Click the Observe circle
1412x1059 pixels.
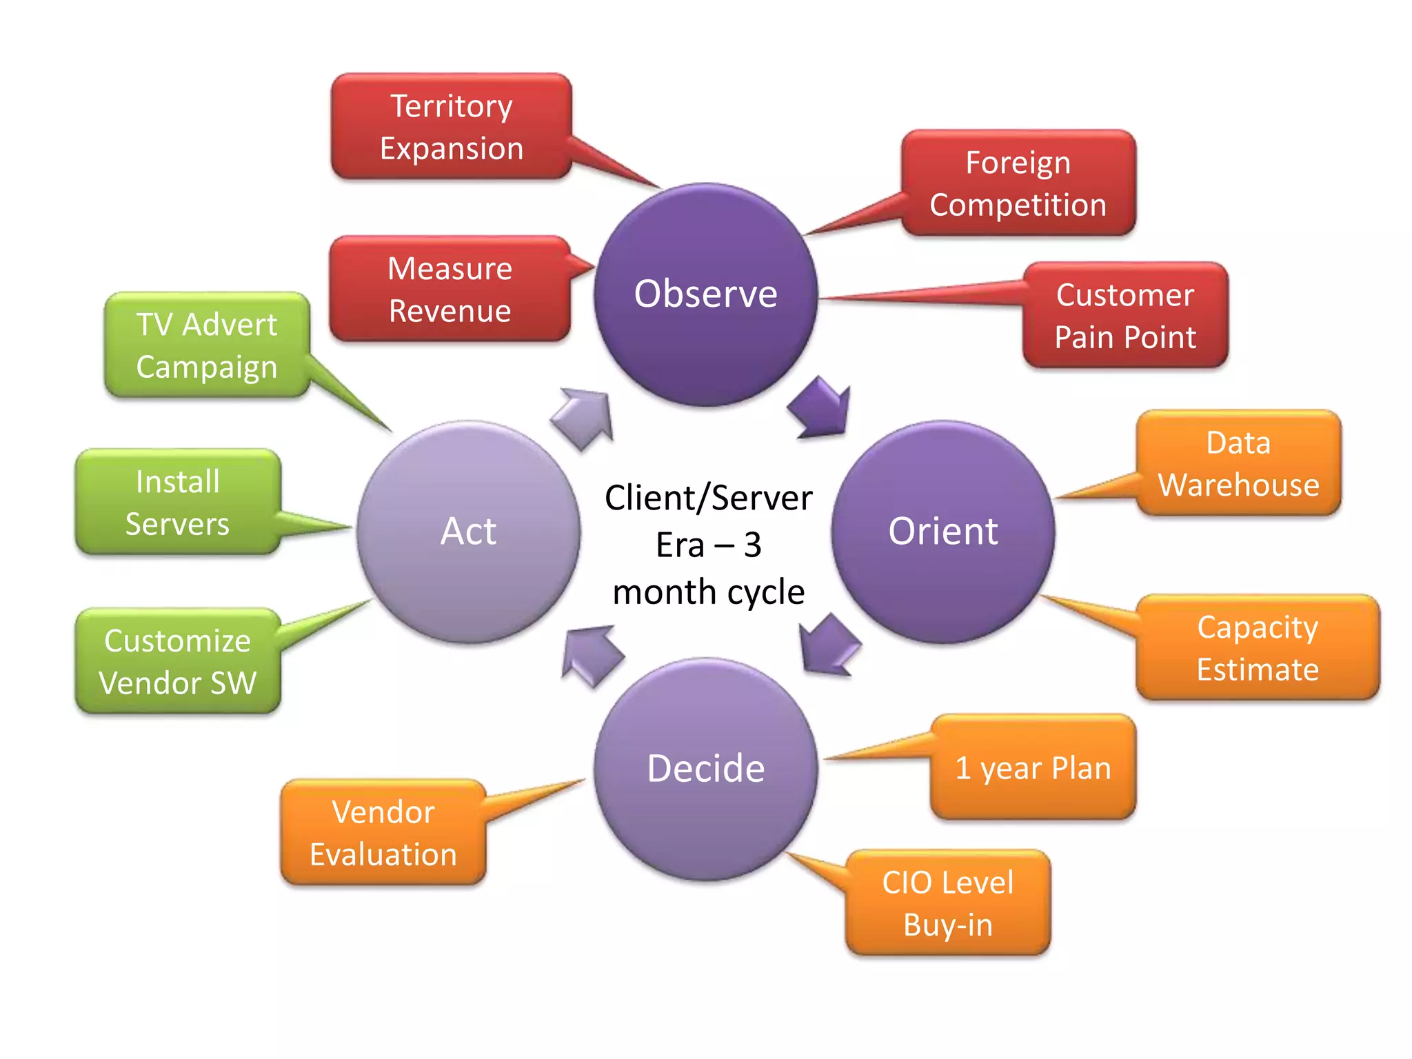pos(705,294)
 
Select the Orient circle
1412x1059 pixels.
pos(942,532)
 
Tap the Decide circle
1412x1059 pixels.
pos(705,769)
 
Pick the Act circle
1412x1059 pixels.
pos(468,532)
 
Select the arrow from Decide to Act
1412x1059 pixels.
pos(591,655)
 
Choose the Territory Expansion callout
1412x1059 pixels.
pos(452,127)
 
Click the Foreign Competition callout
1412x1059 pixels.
pos(1018,183)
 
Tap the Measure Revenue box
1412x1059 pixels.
pos(450,289)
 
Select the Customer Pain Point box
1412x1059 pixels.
pos(1125,316)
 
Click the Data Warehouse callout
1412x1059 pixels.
pos(1238,463)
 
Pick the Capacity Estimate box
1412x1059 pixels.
pos(1258,648)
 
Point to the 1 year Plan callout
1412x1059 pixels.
pos(1033,767)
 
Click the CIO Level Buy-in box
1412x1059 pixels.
pos(948,903)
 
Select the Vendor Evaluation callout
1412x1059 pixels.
pos(383,833)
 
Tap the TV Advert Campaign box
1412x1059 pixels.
pos(207,345)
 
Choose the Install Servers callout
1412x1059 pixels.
pos(178,502)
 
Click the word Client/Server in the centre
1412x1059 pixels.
pos(708,498)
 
